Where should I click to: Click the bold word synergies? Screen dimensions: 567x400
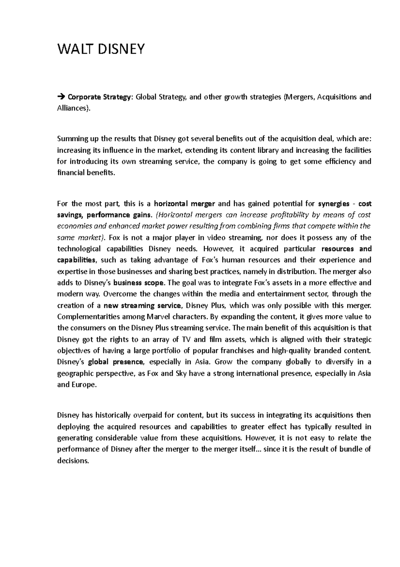coord(334,204)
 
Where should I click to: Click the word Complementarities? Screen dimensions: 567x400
coord(86,317)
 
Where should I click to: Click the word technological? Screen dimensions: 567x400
coord(79,249)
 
